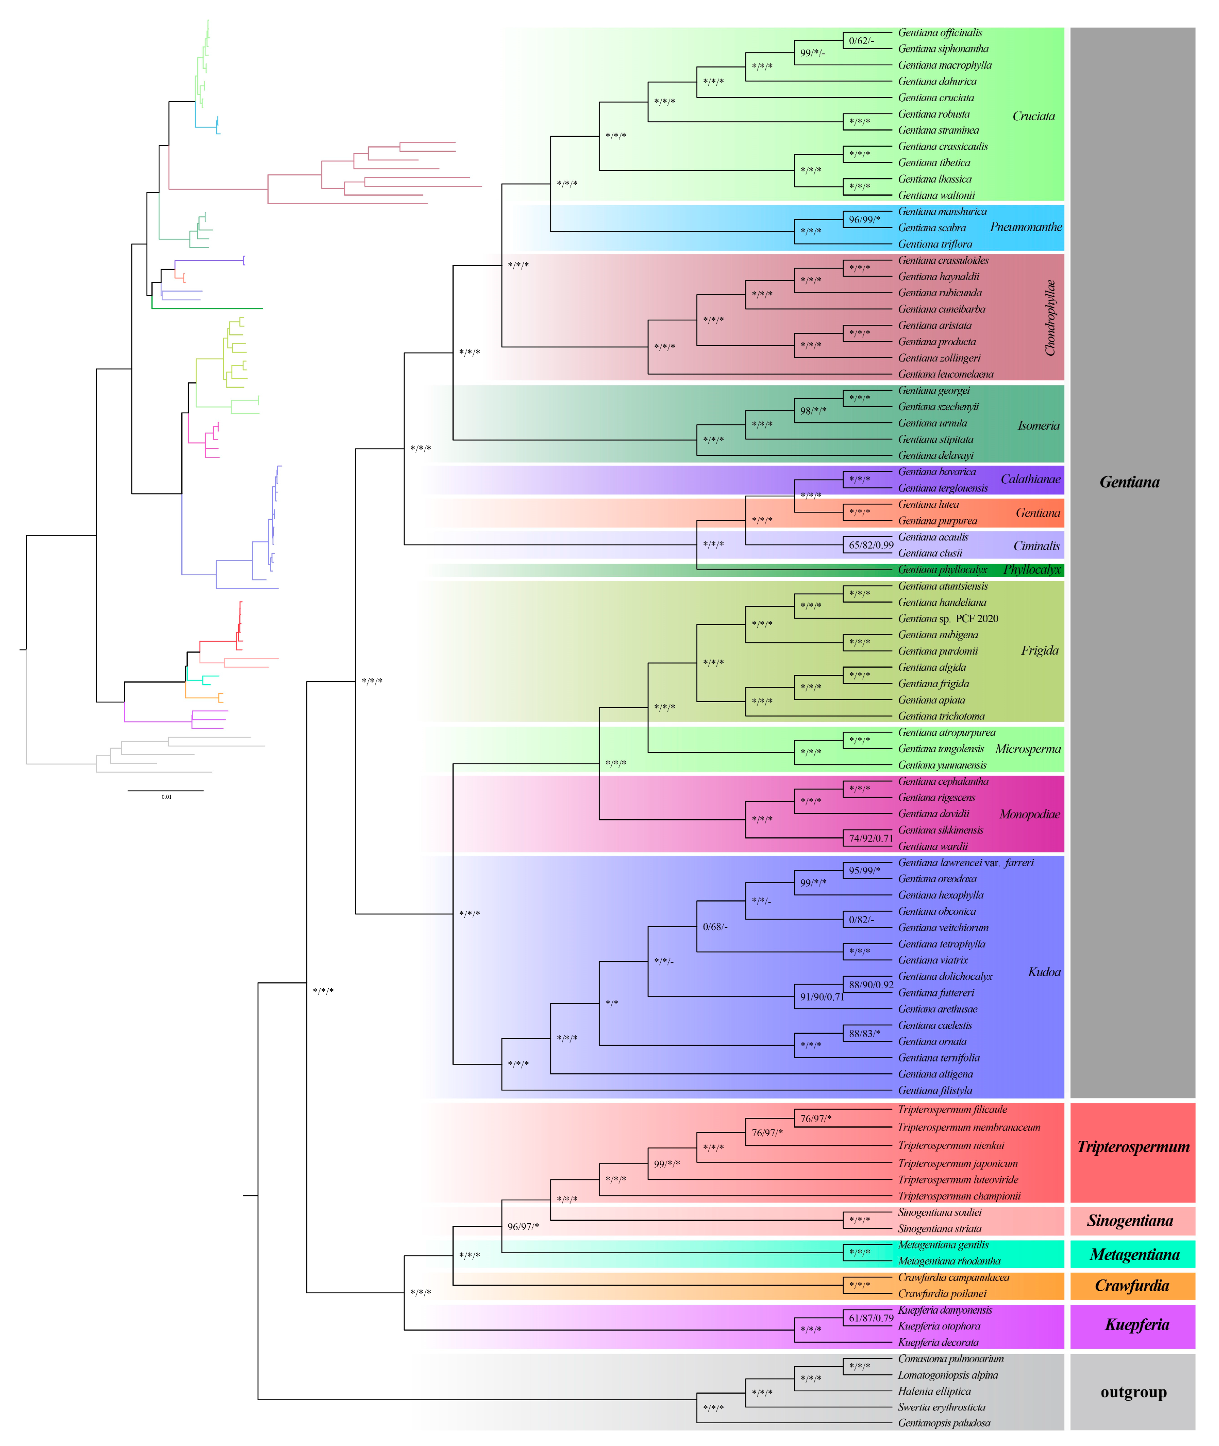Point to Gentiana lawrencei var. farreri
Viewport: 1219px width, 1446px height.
965,862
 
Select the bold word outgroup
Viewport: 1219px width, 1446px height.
1133,1392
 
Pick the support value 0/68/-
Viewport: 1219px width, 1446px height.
714,927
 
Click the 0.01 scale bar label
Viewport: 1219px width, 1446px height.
167,797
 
